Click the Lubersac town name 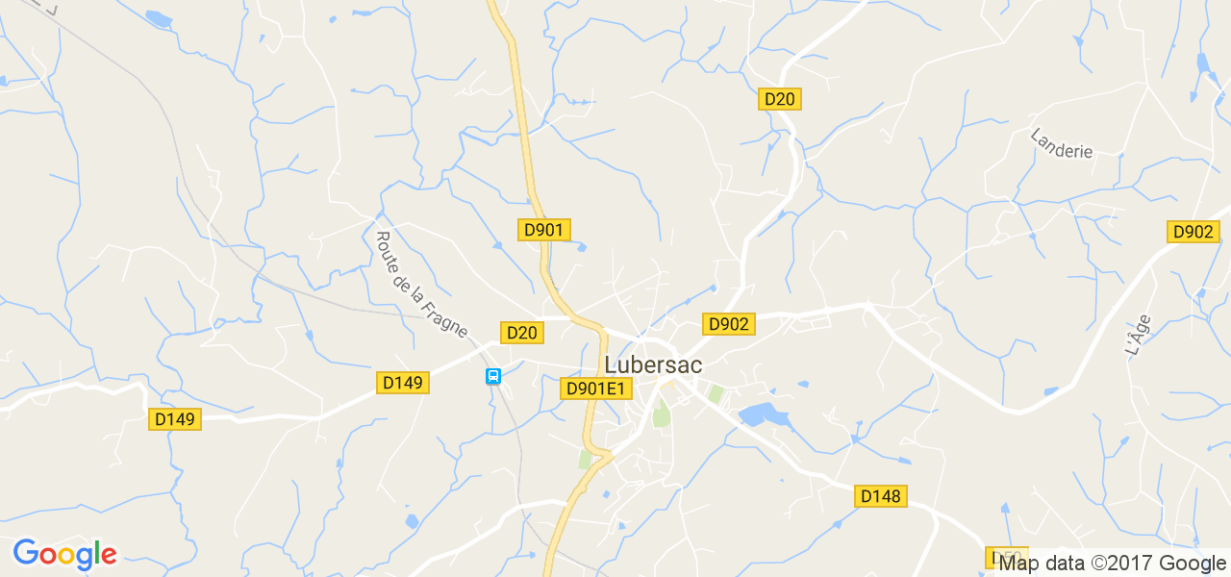(653, 365)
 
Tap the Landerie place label (1062, 143)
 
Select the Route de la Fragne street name (420, 285)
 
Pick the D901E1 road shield (596, 389)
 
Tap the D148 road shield (880, 496)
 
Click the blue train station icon (493, 376)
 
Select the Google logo (64, 555)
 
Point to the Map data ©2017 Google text (1113, 564)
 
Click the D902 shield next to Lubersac (728, 324)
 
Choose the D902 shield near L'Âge (1193, 232)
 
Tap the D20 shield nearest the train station (522, 333)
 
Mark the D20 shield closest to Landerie (780, 98)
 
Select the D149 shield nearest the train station (403, 383)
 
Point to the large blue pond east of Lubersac (763, 415)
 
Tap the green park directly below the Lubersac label (661, 415)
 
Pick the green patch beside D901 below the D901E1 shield (585, 460)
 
